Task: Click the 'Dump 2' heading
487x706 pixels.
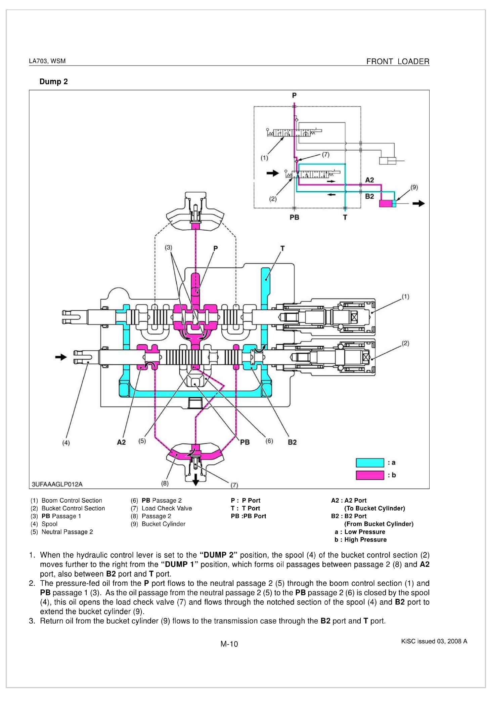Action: coord(53,82)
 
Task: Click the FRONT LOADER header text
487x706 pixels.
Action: coord(398,62)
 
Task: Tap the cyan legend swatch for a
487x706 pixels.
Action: coord(370,463)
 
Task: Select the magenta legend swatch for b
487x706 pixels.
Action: coord(370,475)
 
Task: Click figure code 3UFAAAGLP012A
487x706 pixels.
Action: coord(57,484)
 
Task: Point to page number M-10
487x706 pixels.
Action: coord(229,644)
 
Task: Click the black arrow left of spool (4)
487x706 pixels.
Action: coord(61,357)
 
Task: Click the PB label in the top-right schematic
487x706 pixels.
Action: coord(294,218)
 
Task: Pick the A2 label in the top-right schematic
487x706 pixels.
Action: coord(369,180)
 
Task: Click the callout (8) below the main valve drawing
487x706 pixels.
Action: coord(165,483)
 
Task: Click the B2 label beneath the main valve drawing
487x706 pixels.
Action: coord(292,442)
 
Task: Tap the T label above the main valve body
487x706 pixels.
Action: coord(282,248)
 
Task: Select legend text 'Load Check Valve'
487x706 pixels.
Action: coord(167,508)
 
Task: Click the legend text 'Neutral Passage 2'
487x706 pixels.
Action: coord(67,532)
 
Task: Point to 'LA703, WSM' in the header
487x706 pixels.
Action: coord(47,61)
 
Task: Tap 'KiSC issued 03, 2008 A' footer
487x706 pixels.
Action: coord(434,641)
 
